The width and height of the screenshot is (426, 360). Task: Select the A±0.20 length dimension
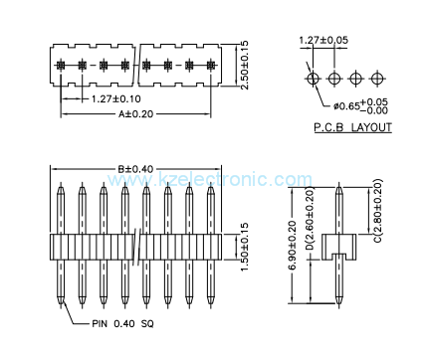coord(136,114)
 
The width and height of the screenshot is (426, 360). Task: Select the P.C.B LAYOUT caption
coord(352,127)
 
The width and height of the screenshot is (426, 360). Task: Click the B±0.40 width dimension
coord(134,169)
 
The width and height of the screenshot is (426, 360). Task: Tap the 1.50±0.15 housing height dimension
coord(246,246)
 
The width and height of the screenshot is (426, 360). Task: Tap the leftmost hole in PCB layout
coord(314,77)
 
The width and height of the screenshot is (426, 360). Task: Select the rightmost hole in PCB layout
coord(379,77)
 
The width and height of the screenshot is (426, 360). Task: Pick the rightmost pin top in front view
coord(210,186)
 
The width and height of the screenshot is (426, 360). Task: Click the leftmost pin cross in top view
coord(61,65)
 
